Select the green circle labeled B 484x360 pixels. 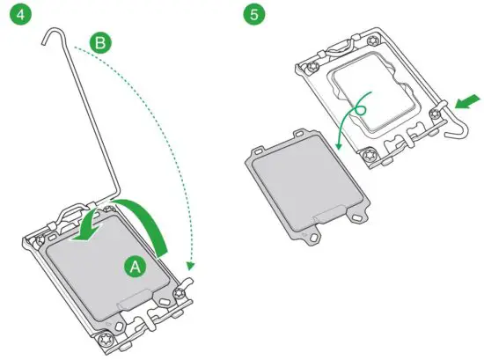click(101, 41)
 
